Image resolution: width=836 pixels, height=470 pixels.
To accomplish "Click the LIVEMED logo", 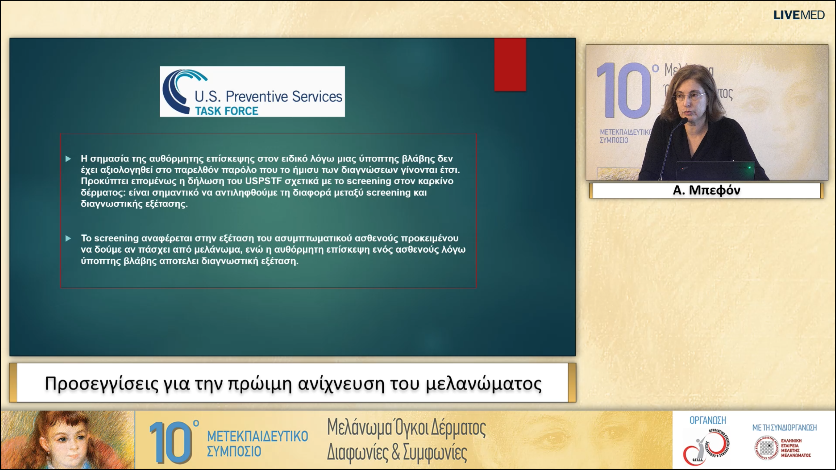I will coord(799,15).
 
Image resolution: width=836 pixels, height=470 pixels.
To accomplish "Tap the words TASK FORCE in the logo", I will coord(227,111).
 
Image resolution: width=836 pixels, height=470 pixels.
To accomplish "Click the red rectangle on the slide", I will coord(510,65).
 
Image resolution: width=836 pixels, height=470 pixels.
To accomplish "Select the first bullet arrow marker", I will coord(68,159).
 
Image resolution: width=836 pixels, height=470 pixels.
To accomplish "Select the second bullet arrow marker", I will coord(68,238).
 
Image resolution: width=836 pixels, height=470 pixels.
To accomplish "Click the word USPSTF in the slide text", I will coord(263,181).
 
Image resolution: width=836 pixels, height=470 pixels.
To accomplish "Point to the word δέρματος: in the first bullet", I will coord(103,193).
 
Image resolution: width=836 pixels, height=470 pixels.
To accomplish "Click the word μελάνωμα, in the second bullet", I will coord(223,250).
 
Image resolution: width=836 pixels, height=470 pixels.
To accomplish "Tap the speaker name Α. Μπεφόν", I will coord(706,190).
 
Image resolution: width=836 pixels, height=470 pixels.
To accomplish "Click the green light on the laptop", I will coord(749,168).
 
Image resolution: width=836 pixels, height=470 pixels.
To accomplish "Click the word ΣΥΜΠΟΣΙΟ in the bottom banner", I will coord(234,452).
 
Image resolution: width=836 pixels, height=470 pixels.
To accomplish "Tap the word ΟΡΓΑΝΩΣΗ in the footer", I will coord(708,420).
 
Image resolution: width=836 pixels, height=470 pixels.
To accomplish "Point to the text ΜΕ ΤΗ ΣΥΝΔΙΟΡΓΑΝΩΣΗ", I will coord(784,428).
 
